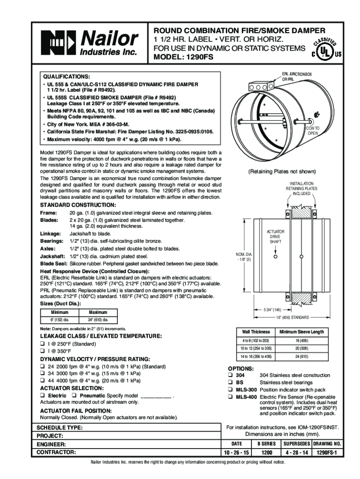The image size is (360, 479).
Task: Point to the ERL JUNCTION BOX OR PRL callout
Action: click(299, 77)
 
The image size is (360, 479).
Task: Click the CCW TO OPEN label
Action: click(312, 131)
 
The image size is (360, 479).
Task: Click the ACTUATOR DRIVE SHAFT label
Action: click(276, 237)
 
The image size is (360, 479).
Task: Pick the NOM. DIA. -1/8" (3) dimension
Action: click(245, 257)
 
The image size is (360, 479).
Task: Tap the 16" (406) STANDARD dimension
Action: click(292, 317)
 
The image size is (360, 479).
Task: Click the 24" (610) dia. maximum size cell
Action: click(98, 320)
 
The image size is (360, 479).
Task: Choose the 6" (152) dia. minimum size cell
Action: click(60, 320)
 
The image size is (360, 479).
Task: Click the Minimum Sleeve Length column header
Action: click(302, 332)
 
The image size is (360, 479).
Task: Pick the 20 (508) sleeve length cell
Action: click(302, 348)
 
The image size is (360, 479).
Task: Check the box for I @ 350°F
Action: click(42, 351)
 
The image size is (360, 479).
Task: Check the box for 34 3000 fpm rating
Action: click(42, 374)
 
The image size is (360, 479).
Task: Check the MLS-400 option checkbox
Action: click(230, 397)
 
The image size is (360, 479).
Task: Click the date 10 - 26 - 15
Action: click(237, 453)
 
